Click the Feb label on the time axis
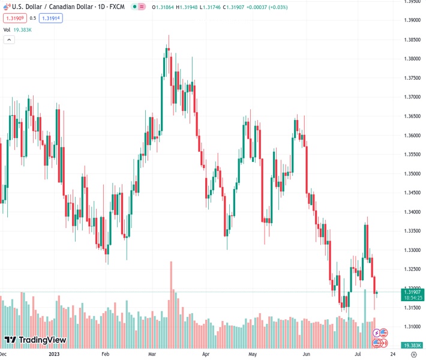[106, 354]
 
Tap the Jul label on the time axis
[357, 354]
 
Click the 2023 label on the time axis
[54, 354]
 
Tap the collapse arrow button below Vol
[9, 40]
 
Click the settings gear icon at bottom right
[413, 354]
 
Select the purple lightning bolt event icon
[377, 332]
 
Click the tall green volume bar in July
[365, 318]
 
